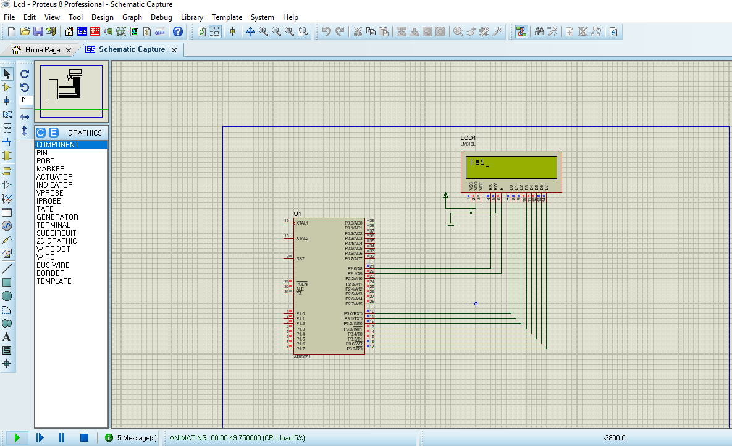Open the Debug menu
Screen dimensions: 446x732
click(x=161, y=17)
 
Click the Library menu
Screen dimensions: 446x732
click(x=191, y=17)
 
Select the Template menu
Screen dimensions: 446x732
click(x=227, y=17)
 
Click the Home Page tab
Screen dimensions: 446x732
click(x=42, y=50)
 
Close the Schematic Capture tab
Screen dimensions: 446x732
click(x=174, y=50)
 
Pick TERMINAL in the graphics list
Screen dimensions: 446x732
click(x=53, y=225)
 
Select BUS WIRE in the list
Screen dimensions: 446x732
click(x=53, y=265)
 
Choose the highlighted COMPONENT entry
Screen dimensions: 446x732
click(x=57, y=145)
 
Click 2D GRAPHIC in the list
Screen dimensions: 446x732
click(x=56, y=241)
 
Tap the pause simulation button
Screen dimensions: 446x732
click(x=62, y=438)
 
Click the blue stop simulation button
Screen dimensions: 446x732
click(x=84, y=438)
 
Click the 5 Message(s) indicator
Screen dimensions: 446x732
click(x=131, y=438)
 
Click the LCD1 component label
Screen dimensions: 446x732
click(x=468, y=138)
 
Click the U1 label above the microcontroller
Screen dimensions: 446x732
click(x=297, y=213)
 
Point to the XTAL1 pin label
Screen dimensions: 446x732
click(x=302, y=223)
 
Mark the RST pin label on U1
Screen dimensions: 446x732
click(x=300, y=259)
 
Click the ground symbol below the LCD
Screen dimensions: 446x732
click(x=451, y=225)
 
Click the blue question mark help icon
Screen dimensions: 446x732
click(x=178, y=31)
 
